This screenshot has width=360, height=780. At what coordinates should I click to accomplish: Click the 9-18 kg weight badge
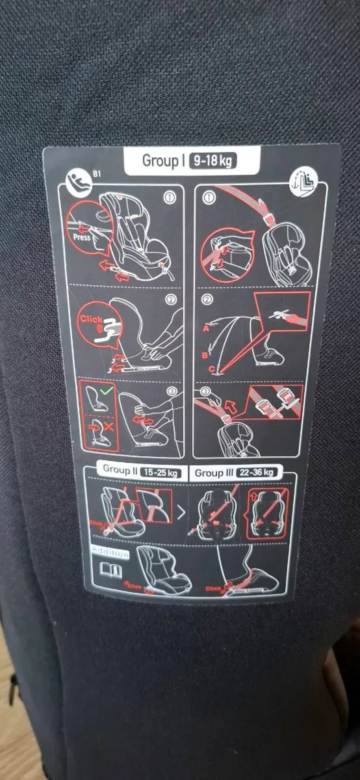point(212,161)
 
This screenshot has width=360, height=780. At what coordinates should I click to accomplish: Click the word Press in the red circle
point(83,237)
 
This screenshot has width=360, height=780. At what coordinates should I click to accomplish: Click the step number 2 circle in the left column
point(170,300)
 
